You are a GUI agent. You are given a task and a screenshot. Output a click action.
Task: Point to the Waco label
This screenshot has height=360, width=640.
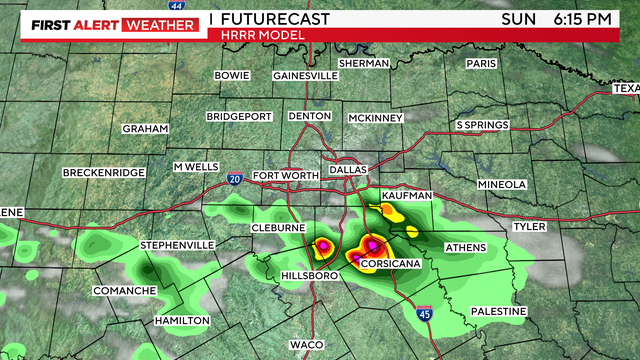306,344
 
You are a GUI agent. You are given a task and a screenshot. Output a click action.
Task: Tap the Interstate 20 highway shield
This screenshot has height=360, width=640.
233,178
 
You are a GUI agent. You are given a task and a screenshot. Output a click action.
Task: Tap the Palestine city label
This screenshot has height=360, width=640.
498,312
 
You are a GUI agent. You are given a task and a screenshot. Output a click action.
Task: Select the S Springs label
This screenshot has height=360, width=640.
483,125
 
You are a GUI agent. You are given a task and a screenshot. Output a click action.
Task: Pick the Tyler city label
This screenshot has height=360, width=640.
529,227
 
